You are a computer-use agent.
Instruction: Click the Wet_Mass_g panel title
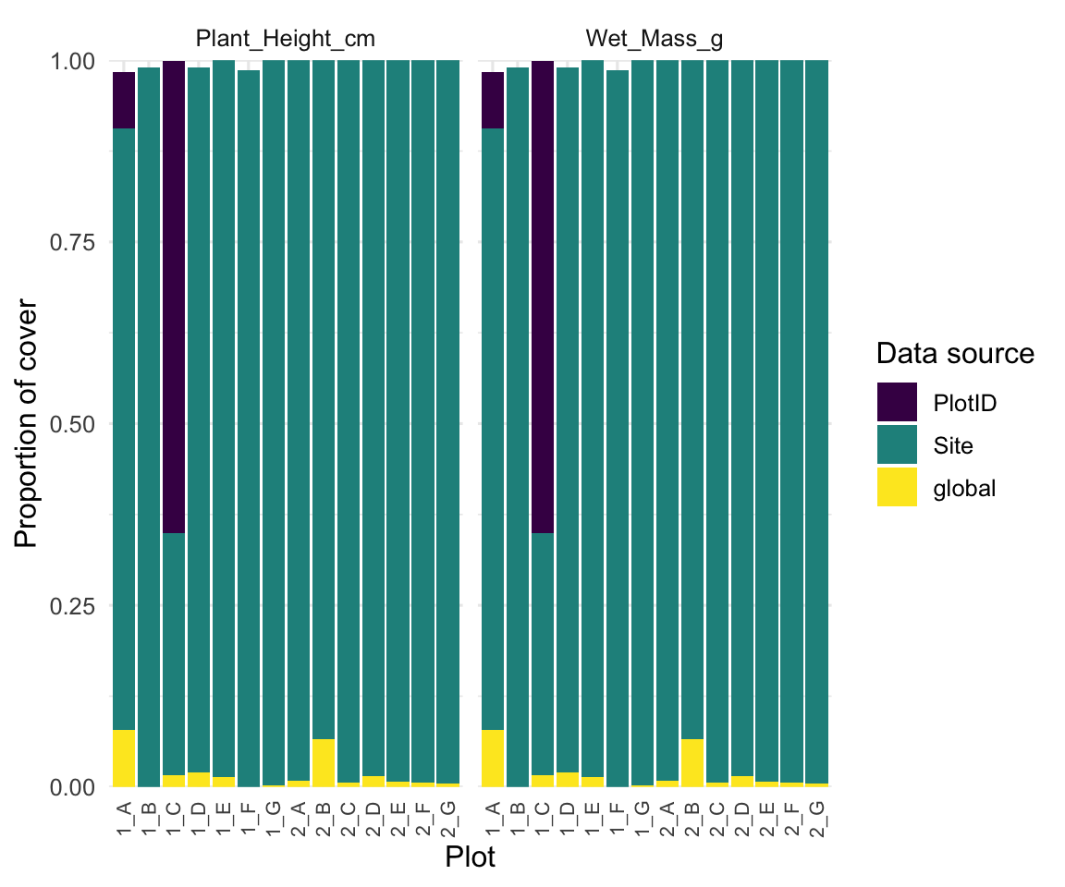[x=654, y=39]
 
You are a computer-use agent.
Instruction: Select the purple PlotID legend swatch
[x=897, y=402]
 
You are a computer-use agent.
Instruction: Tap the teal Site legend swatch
[x=897, y=444]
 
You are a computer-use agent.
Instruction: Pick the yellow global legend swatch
[x=897, y=487]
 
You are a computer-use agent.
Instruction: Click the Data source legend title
[x=954, y=353]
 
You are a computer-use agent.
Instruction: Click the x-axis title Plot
[x=470, y=857]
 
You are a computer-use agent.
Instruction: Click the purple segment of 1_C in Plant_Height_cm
[x=174, y=296]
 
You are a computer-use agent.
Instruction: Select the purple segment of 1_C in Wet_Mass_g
[x=544, y=296]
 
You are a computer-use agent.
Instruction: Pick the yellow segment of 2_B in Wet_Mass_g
[x=693, y=762]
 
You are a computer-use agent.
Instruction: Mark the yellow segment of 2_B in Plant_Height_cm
[x=324, y=762]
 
